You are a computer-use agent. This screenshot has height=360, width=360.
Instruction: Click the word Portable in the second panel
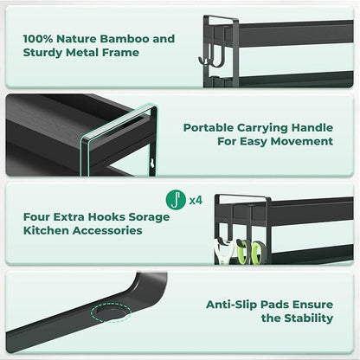(x=209, y=128)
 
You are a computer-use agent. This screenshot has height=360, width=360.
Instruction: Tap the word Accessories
(x=107, y=230)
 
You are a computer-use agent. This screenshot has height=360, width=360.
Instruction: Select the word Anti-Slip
(x=231, y=305)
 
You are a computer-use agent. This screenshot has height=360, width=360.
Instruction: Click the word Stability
(x=309, y=318)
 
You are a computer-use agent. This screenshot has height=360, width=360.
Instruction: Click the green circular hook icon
(x=176, y=200)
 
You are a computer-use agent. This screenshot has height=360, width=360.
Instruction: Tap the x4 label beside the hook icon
(x=196, y=200)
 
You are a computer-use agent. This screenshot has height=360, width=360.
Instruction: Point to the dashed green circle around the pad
(x=111, y=312)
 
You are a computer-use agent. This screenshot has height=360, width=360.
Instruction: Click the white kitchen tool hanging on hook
(x=223, y=252)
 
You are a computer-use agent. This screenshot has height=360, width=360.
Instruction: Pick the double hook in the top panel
(x=211, y=55)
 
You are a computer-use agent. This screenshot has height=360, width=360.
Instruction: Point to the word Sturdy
(x=42, y=53)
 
